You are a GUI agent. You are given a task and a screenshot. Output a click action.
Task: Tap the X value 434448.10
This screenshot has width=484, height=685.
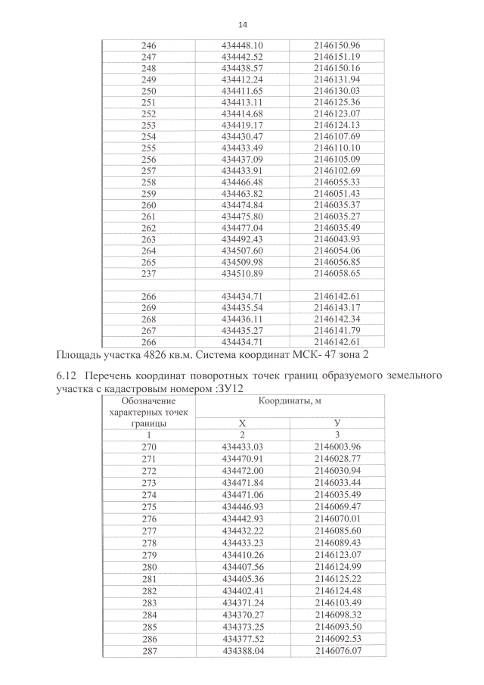tap(242, 45)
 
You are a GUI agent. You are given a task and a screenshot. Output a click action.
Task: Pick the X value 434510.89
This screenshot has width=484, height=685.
tap(242, 272)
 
